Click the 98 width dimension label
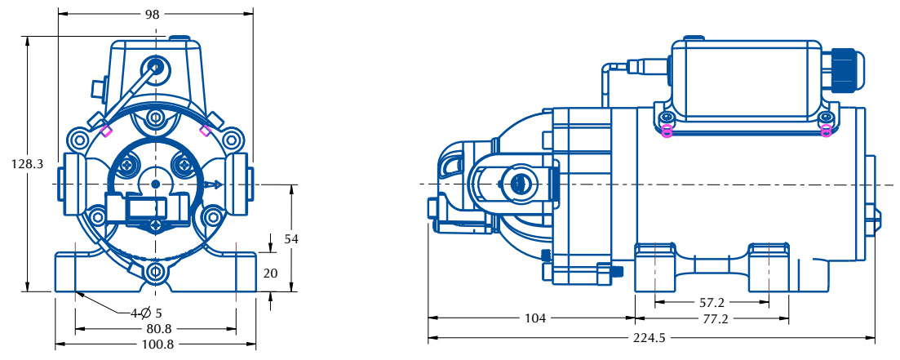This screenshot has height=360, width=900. pos(152,15)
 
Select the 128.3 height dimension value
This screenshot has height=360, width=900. pos(27,164)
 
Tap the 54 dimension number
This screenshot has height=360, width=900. pos(291,239)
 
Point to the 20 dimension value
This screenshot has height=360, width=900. pos(270,273)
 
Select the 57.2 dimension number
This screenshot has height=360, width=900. pos(712,302)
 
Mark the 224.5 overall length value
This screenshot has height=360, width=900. pos(650,338)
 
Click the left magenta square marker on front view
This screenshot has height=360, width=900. pos(106,131)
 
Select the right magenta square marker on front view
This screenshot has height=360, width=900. pos(205,131)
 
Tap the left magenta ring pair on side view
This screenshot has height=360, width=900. pos(667,131)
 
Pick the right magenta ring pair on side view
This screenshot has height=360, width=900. pos(826,131)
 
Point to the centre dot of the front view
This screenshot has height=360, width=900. pos(156,184)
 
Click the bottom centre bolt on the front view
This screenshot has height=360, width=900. pos(155,272)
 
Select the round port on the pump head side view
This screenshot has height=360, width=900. pos(521,184)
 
